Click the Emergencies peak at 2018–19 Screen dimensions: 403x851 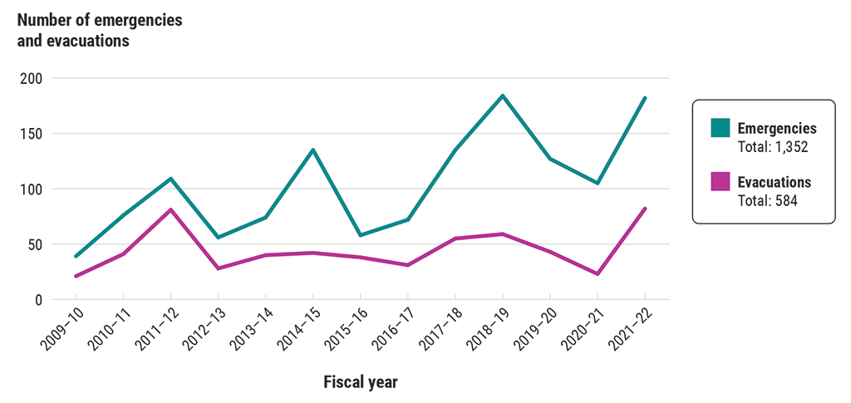[503, 96]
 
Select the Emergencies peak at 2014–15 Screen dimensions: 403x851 [313, 150]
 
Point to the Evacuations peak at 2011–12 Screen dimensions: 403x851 [170, 209]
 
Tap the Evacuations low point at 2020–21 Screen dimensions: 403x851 [598, 274]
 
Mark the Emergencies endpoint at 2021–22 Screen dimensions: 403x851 [645, 98]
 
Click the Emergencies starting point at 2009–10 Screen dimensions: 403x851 [76, 256]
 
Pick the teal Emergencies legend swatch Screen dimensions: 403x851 [720, 128]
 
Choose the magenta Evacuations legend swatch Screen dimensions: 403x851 [720, 181]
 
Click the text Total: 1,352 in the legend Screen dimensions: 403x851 [773, 147]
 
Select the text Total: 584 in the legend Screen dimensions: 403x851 [767, 200]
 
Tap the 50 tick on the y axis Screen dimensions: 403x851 [36, 244]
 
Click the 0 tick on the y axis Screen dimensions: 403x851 [39, 299]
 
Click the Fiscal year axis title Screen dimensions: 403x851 [360, 382]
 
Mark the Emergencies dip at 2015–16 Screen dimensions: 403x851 [361, 235]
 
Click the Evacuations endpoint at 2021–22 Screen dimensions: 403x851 [645, 209]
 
